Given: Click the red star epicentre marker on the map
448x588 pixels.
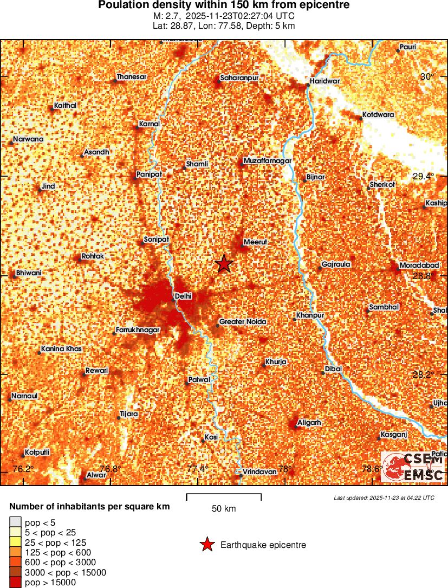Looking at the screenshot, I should click(x=224, y=264).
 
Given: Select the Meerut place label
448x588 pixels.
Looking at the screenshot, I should click(x=255, y=242).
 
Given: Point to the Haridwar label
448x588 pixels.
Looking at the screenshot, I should click(x=324, y=81).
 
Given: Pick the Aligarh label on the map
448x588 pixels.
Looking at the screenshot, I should click(x=309, y=422).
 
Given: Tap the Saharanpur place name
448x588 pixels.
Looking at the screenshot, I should click(x=239, y=78).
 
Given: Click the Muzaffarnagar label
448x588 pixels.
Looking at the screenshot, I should click(x=268, y=161).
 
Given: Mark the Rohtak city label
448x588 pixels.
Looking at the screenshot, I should click(x=92, y=256).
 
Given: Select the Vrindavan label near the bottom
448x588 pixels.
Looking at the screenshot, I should click(x=259, y=471).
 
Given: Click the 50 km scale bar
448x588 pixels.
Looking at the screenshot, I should click(x=224, y=495).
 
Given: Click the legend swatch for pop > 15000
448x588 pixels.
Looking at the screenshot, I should click(x=15, y=582).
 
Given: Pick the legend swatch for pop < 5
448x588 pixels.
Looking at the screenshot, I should click(x=15, y=522).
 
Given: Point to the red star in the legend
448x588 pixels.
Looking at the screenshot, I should click(x=206, y=545).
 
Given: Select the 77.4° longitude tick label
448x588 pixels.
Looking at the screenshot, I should click(x=198, y=469).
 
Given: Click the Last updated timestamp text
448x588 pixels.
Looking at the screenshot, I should click(x=384, y=497).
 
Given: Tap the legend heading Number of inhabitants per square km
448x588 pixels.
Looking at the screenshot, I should click(x=89, y=507).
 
